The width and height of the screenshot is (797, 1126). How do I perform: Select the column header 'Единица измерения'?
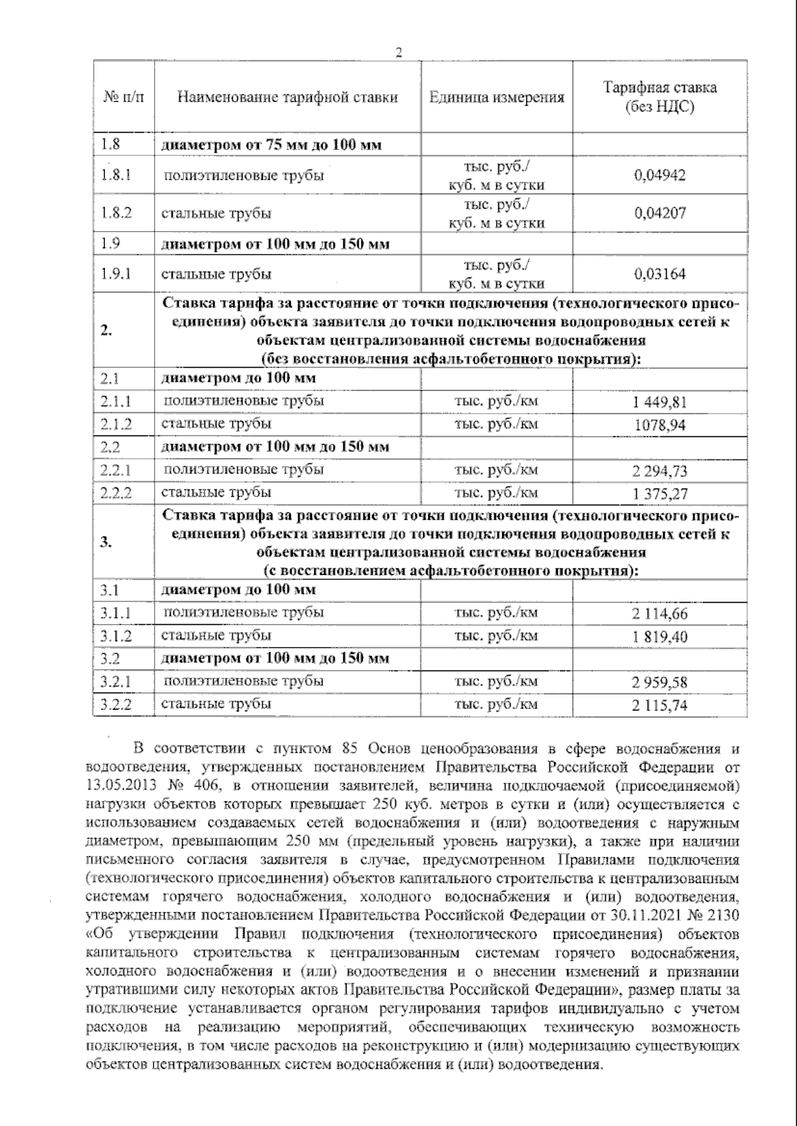[x=496, y=98]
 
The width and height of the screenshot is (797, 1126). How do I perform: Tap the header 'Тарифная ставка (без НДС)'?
[x=660, y=97]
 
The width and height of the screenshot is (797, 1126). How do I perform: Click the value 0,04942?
[x=660, y=176]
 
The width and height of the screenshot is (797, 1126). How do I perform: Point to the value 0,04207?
[x=660, y=213]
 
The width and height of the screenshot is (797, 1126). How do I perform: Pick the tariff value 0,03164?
[x=660, y=274]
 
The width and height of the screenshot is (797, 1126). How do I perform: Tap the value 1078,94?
[x=660, y=425]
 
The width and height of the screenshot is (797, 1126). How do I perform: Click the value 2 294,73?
[x=660, y=471]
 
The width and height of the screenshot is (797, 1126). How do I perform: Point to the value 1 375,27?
[x=660, y=494]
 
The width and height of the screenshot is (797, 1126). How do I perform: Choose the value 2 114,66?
[x=660, y=613]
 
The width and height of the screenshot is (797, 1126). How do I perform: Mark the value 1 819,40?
[x=660, y=637]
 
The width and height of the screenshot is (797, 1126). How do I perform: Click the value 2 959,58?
[x=660, y=683]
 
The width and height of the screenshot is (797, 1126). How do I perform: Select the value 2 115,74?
[x=660, y=705]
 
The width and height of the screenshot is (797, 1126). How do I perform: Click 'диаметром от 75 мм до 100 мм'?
[x=272, y=144]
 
